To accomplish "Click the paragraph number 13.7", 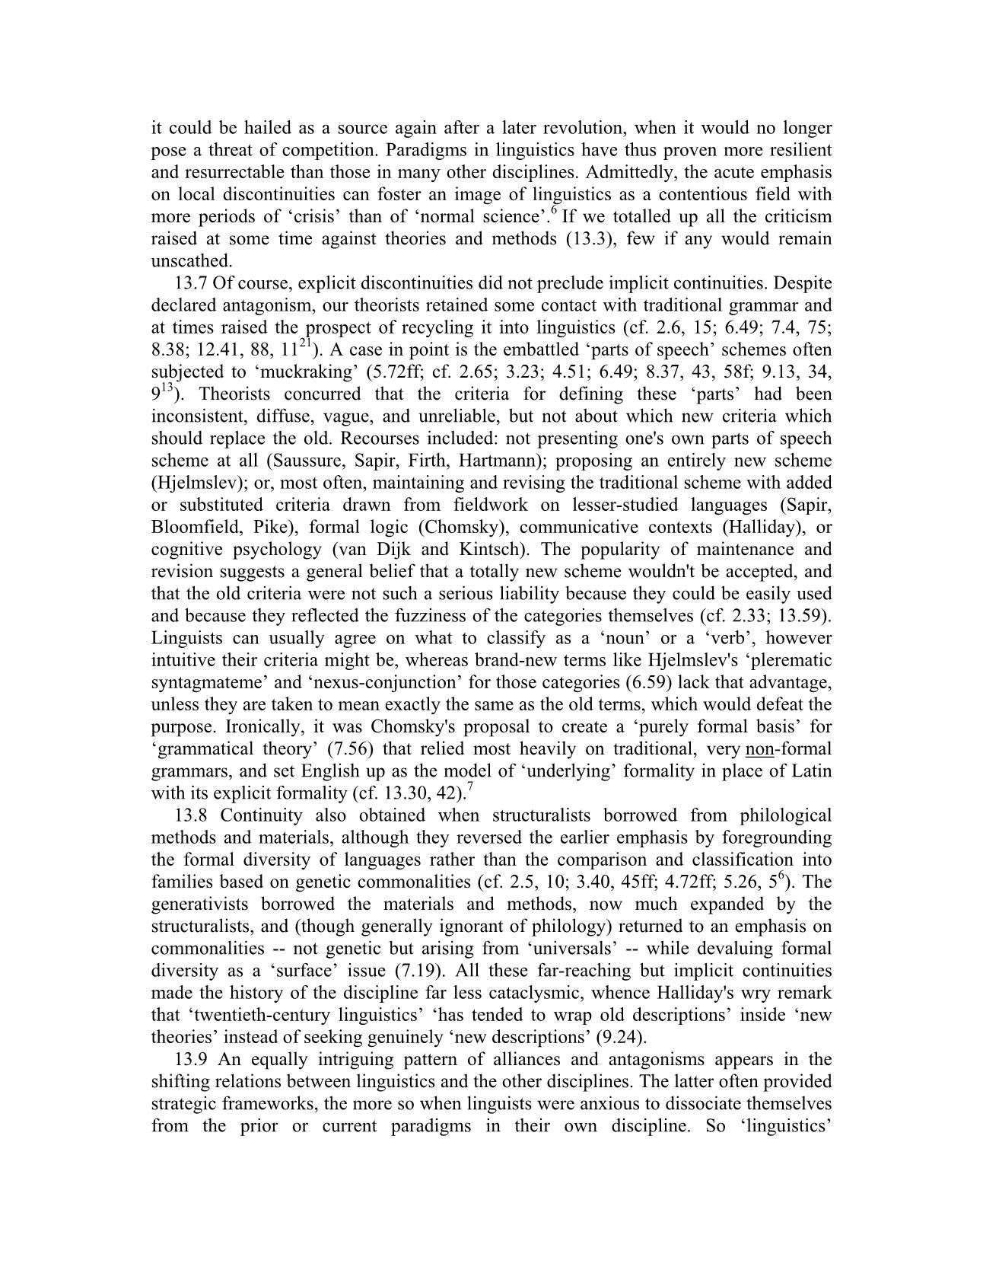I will pyautogui.click(x=191, y=284).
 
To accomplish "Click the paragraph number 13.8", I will pyautogui.click(x=191, y=815).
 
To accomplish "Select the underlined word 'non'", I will pyautogui.click(x=759, y=749).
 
